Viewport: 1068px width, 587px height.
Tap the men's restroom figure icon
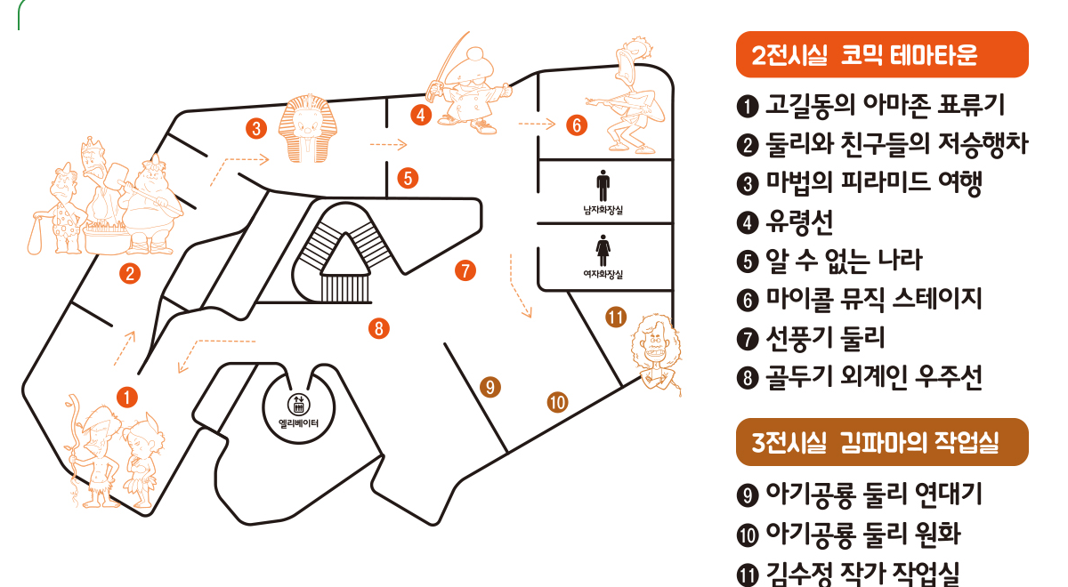(603, 185)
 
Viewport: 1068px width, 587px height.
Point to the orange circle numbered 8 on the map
(379, 328)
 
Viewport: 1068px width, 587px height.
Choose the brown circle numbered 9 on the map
(489, 386)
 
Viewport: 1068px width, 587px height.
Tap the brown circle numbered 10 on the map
(557, 402)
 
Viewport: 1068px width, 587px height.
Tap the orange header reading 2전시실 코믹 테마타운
(882, 55)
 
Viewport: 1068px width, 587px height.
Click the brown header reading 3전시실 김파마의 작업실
(882, 442)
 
